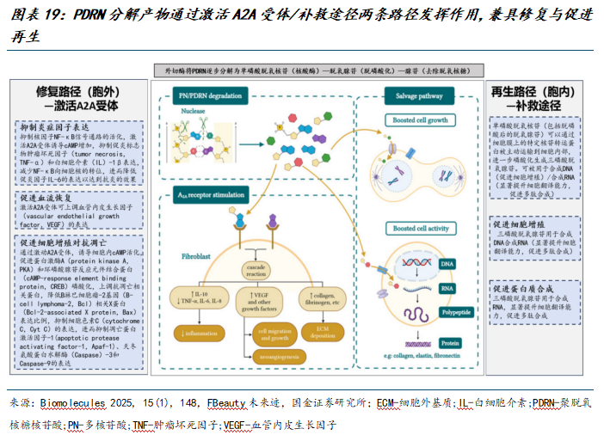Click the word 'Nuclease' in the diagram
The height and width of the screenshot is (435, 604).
(x=194, y=111)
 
